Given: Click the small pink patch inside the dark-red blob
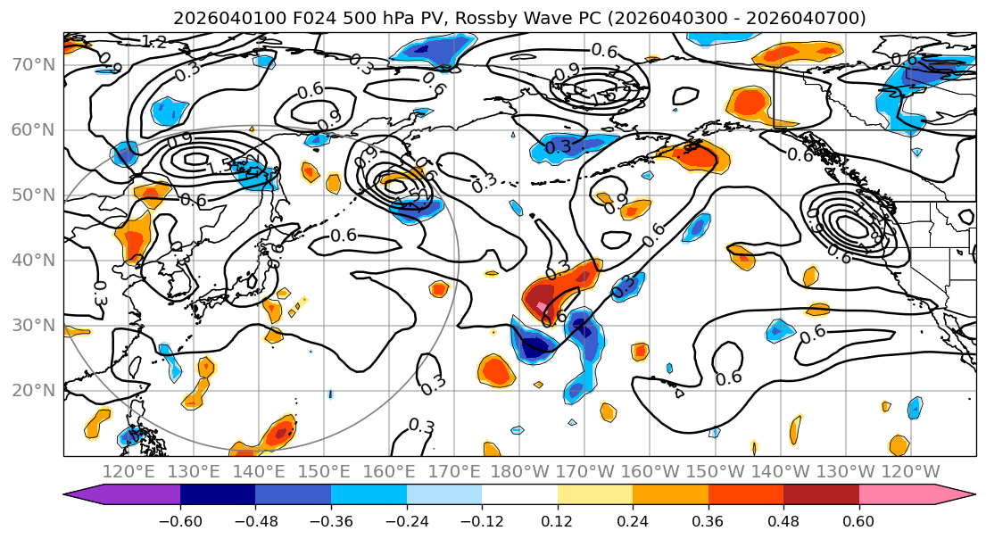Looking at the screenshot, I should [x=543, y=307].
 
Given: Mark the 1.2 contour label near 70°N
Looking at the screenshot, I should [x=153, y=42].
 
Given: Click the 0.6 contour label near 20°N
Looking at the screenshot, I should [x=729, y=377].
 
